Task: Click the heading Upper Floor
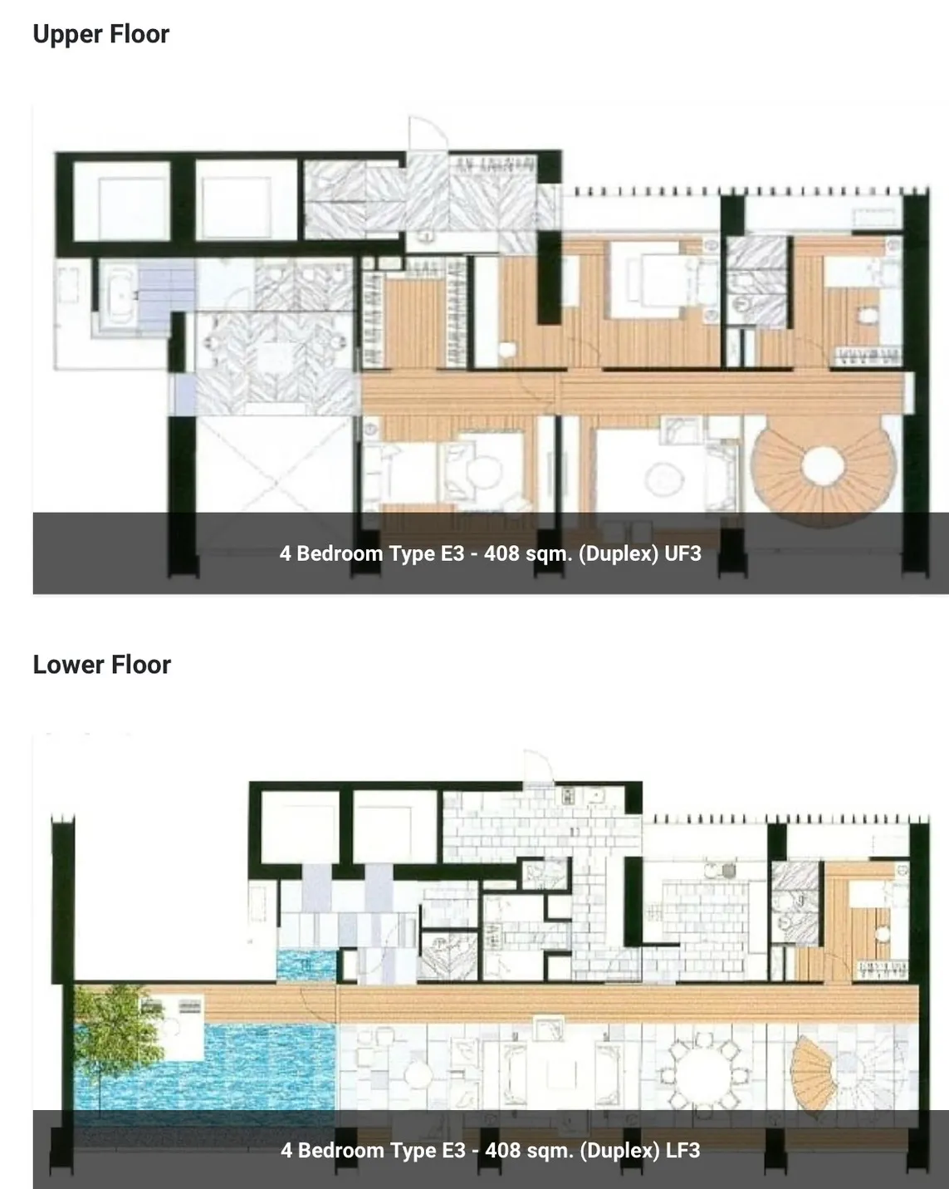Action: point(101,34)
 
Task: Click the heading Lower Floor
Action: point(101,664)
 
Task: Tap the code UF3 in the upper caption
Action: point(682,553)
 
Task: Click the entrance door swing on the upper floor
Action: point(428,133)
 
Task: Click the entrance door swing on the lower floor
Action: point(537,766)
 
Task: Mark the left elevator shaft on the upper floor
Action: point(121,201)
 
